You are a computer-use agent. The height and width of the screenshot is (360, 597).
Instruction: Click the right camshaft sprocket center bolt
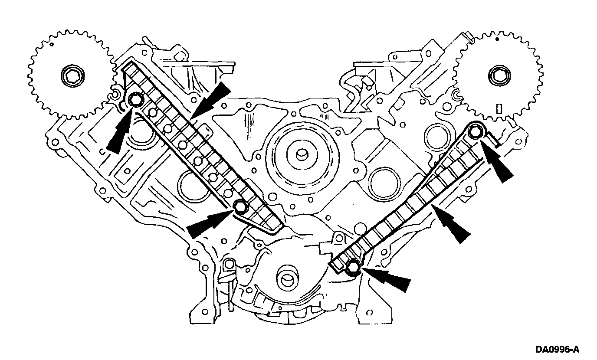497,75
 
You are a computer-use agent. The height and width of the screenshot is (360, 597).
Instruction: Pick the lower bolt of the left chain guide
240,207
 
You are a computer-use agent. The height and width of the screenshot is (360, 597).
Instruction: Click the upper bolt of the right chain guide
476,130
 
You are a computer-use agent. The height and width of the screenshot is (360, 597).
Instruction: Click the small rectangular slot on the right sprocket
499,108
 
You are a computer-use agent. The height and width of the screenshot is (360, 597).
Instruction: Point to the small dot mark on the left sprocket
52,44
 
